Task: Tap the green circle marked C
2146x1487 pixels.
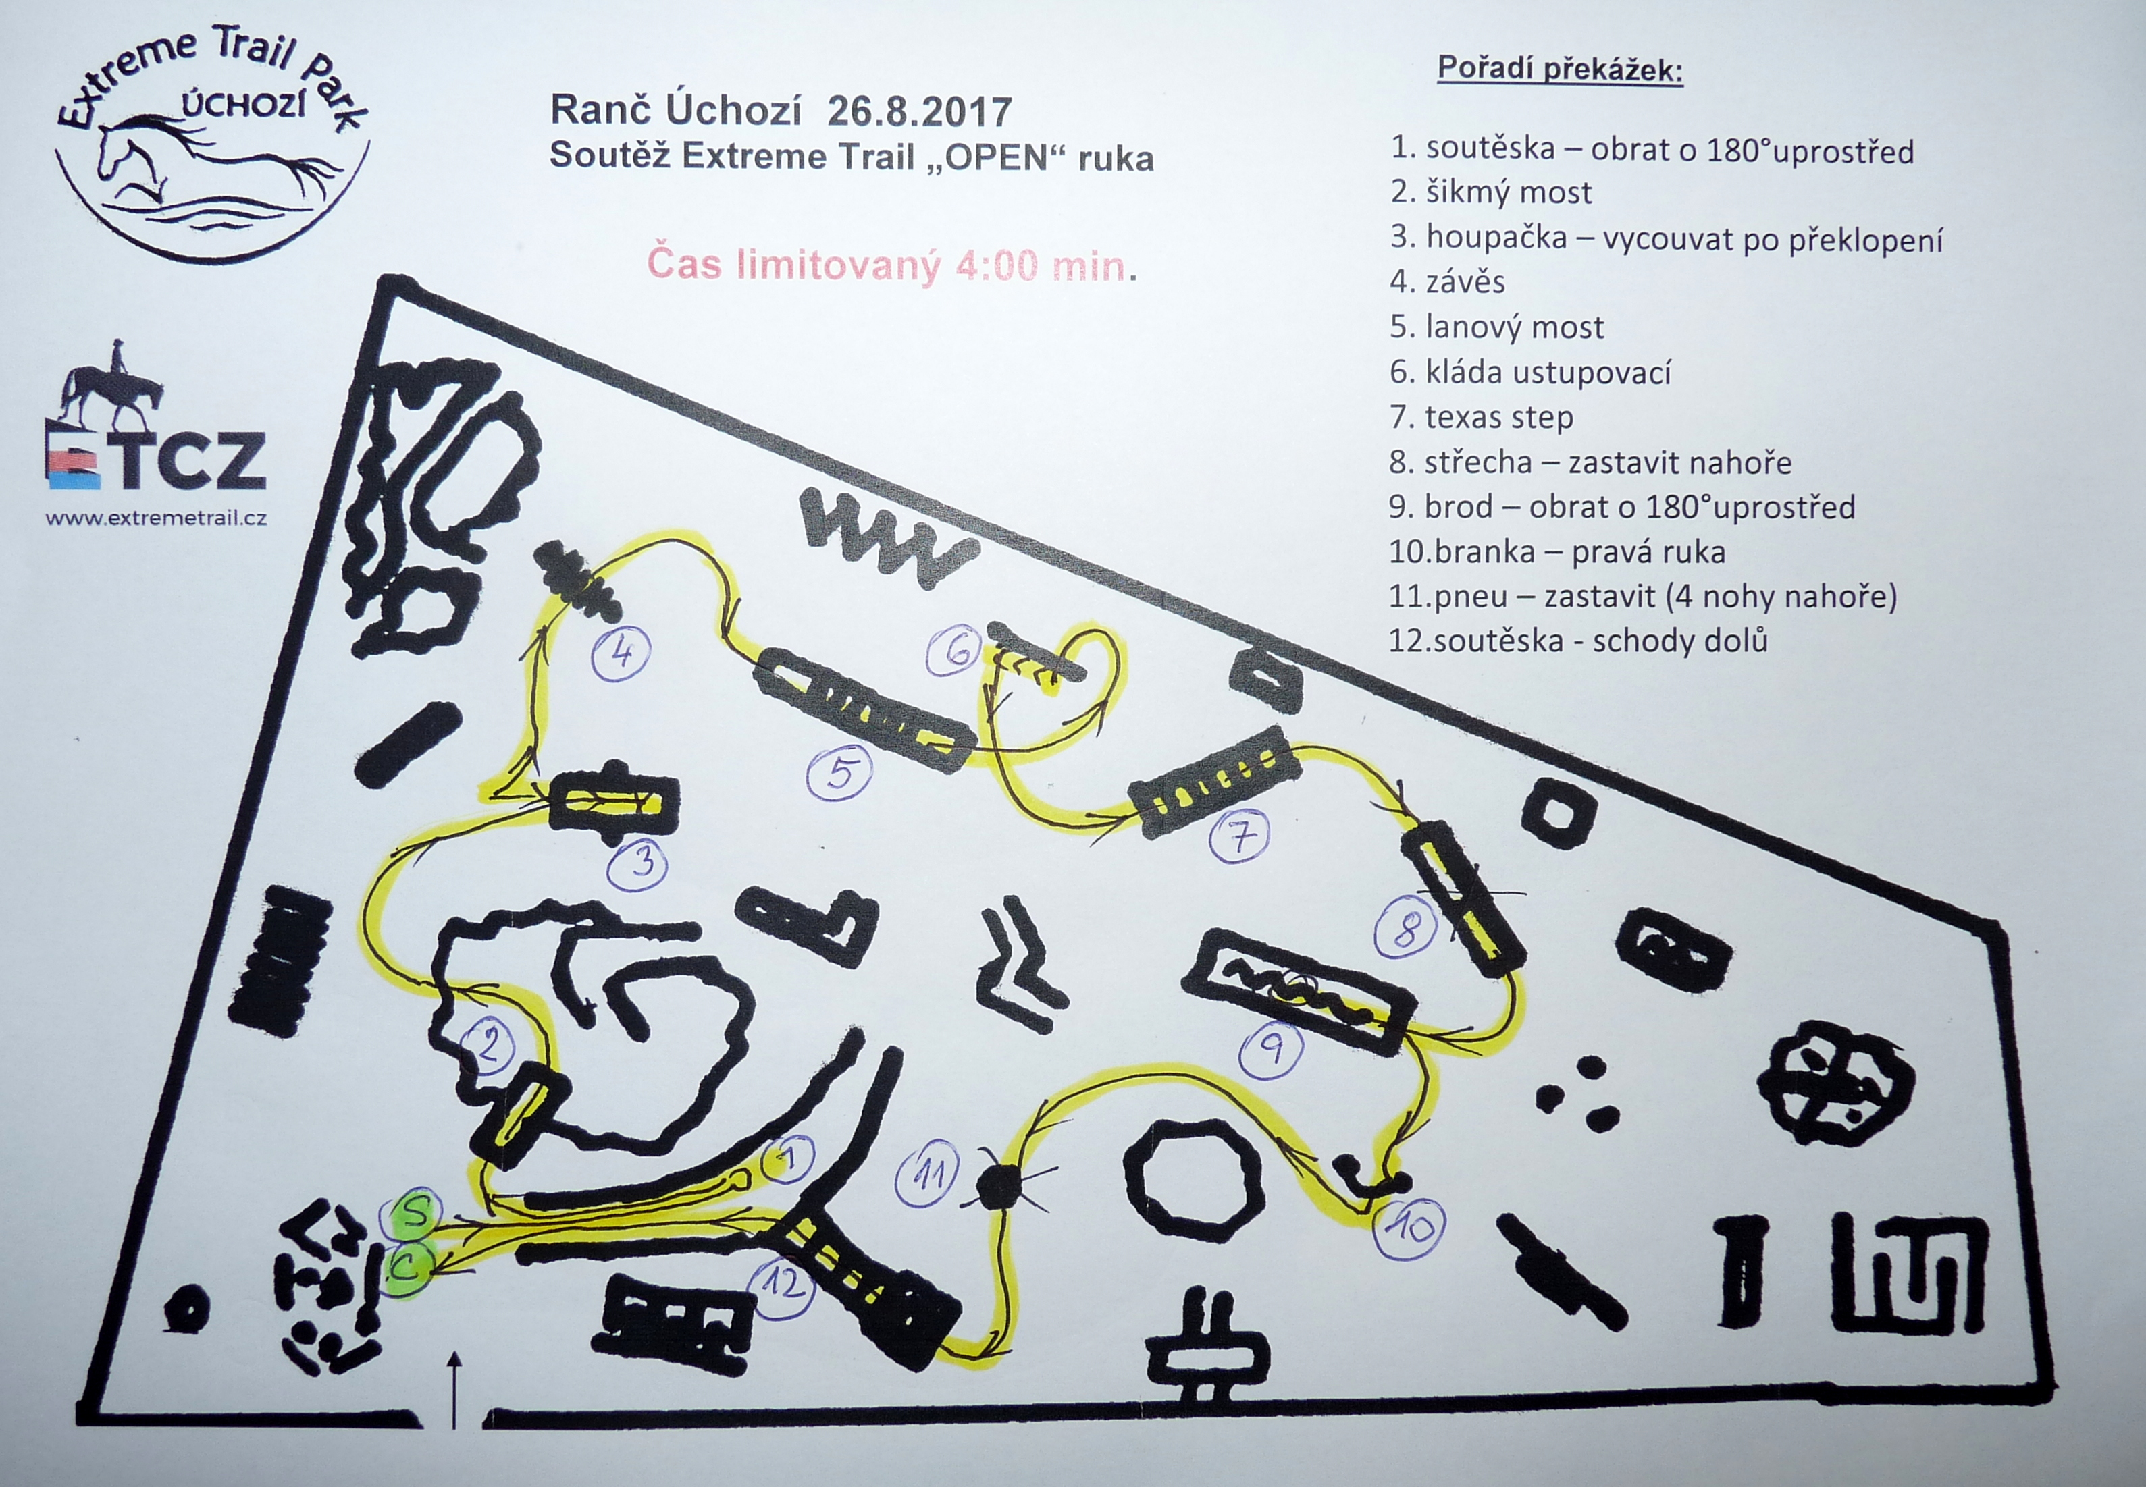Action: pos(410,1267)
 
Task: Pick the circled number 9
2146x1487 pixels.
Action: pos(1273,1050)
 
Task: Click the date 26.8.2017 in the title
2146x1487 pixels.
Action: pos(919,112)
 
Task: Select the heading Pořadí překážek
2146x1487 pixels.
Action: pos(1561,69)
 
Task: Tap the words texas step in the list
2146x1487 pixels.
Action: pos(1499,417)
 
